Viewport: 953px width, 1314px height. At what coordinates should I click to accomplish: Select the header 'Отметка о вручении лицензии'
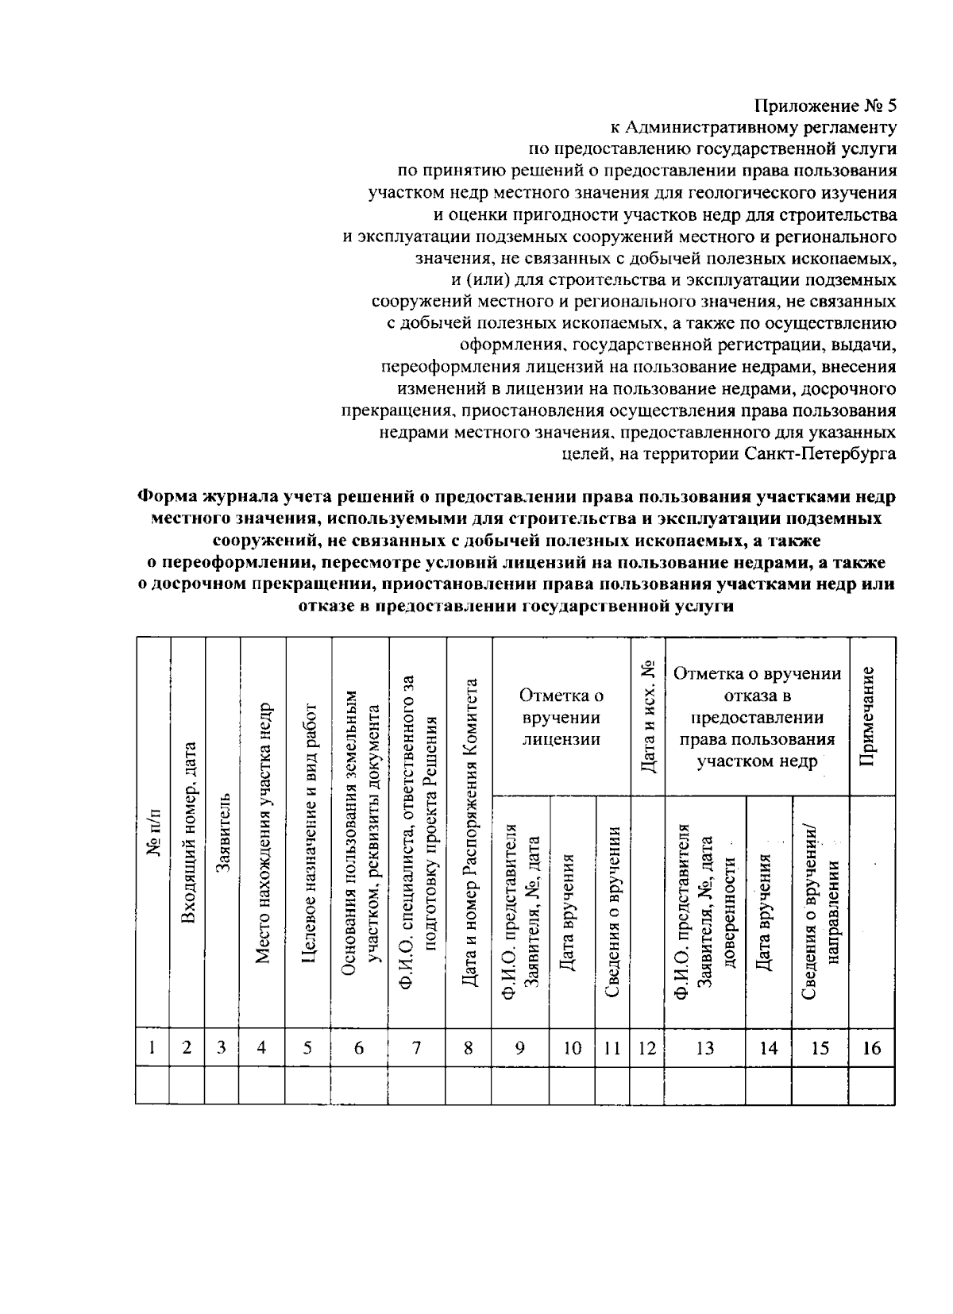click(561, 717)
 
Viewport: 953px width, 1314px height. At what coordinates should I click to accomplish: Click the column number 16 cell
click(871, 1048)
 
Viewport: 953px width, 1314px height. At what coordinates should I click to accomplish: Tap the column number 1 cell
click(152, 1048)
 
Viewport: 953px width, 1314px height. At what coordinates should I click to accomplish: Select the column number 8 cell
click(469, 1048)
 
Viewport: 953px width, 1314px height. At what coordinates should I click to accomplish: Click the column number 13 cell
click(704, 1048)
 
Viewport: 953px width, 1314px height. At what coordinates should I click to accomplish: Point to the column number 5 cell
click(307, 1048)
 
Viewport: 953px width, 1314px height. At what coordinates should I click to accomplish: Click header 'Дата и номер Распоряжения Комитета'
click(470, 834)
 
